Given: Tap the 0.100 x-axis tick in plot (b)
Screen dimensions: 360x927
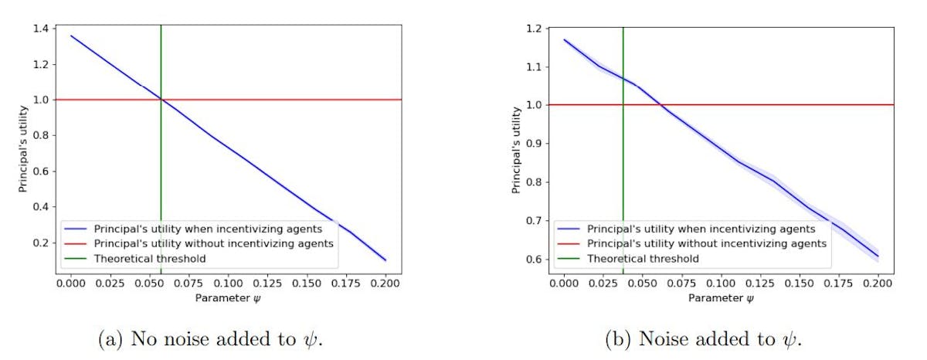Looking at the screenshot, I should tap(722, 284).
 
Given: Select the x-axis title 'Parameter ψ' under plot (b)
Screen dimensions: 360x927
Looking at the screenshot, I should tap(722, 297).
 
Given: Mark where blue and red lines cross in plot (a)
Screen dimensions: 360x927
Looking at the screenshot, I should tap(161, 99).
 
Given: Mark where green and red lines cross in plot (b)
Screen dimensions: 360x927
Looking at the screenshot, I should tap(623, 105).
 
